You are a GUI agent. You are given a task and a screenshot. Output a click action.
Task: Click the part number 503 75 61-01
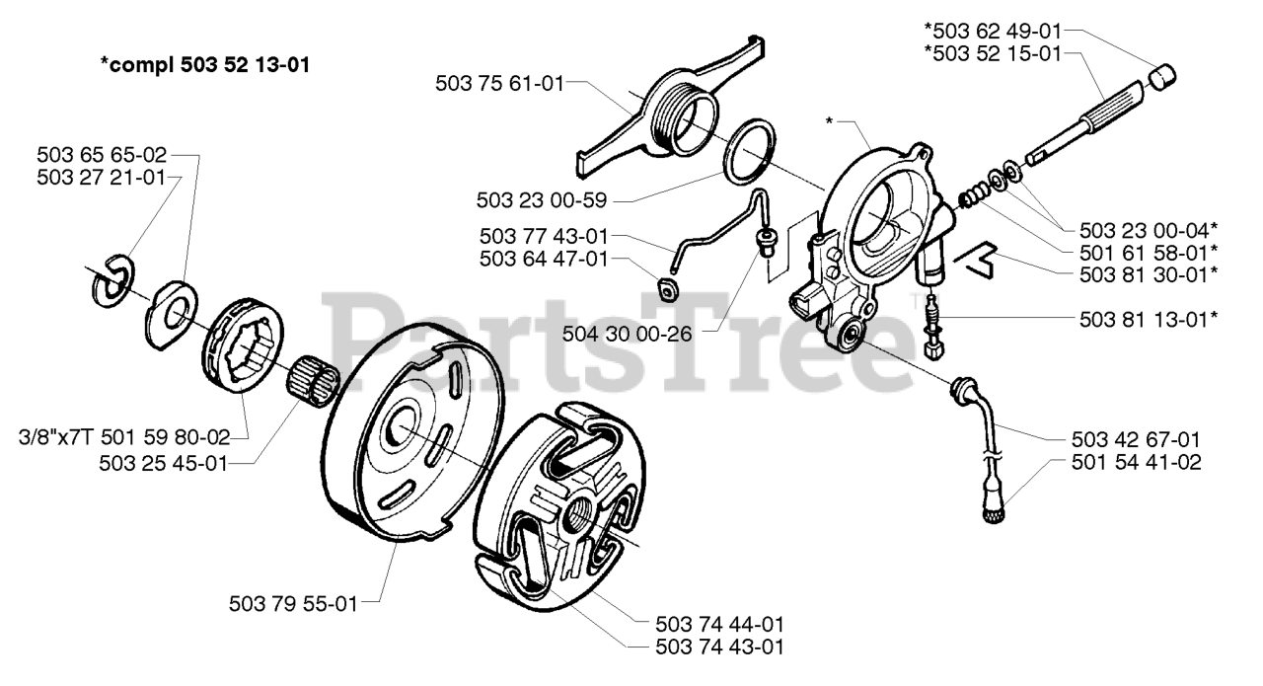click(498, 84)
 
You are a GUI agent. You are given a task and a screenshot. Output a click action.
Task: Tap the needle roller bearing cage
click(315, 378)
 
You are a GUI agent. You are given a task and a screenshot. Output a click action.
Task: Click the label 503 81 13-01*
click(1145, 318)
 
